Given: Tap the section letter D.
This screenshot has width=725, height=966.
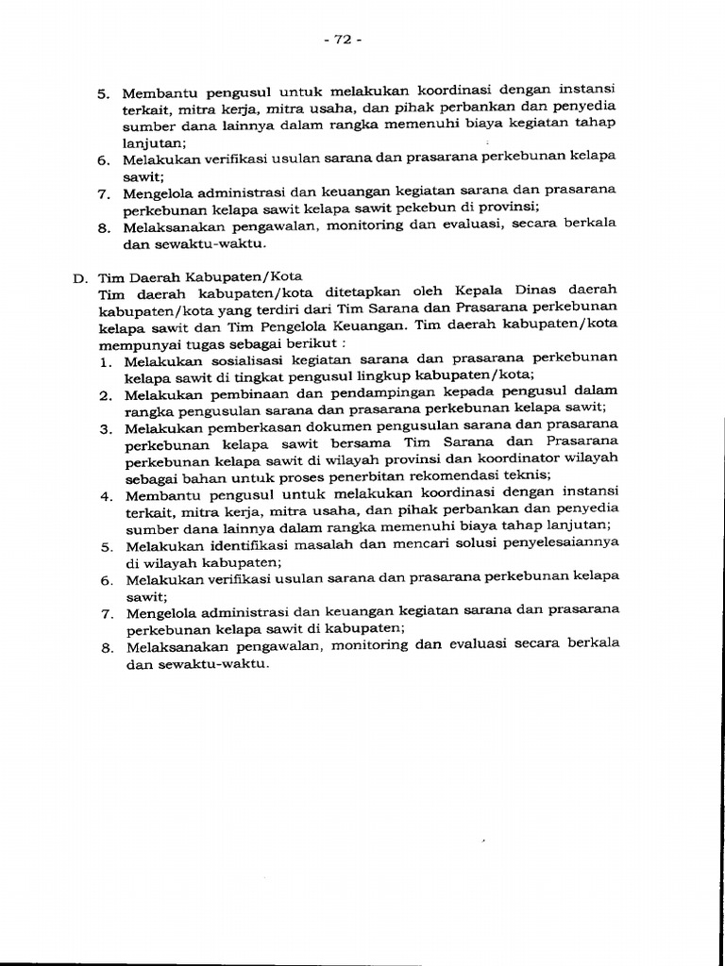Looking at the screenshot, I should click(78, 278).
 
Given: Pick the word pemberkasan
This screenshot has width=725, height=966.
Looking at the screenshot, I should click(251, 427).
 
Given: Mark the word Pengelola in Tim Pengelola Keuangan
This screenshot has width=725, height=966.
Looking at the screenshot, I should click(435, 326).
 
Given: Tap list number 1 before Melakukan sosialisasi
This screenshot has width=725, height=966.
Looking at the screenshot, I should click(103, 360).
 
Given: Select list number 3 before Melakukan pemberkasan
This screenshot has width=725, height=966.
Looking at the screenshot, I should click(103, 428).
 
